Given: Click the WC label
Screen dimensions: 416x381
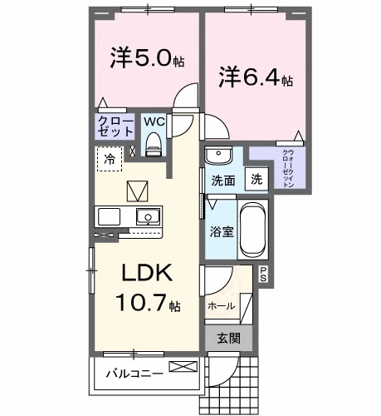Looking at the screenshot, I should [x=154, y=121].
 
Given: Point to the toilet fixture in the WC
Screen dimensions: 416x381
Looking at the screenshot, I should [x=154, y=146].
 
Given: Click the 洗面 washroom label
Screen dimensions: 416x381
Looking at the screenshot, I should [x=222, y=179].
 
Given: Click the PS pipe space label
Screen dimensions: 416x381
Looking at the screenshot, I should [x=263, y=275].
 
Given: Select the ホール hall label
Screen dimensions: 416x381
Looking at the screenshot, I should [x=221, y=305].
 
